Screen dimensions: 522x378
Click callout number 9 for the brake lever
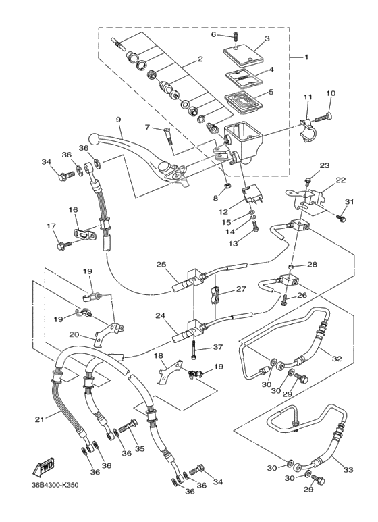click(118, 120)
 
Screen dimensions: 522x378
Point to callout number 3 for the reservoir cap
click(267, 39)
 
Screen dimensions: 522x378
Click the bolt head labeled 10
click(328, 117)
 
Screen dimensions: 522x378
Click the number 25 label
click(161, 264)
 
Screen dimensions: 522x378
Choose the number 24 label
click(160, 315)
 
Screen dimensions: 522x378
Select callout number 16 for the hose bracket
click(74, 210)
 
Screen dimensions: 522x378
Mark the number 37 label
click(218, 347)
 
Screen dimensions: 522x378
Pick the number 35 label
click(140, 448)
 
